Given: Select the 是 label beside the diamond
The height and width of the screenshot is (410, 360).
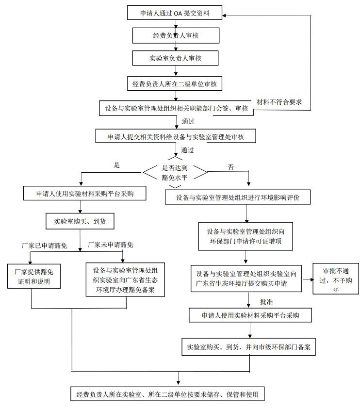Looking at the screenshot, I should pyautogui.click(x=116, y=165).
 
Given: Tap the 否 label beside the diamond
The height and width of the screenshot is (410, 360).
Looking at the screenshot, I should pyautogui.click(x=230, y=167).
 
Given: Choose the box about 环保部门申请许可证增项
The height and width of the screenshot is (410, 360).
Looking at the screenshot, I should pyautogui.click(x=245, y=236).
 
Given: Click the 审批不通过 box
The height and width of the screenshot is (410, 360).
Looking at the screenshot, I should pyautogui.click(x=332, y=279).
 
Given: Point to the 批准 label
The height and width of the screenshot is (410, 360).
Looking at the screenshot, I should pyautogui.click(x=267, y=301).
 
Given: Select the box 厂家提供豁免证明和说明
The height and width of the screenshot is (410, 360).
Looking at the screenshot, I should pyautogui.click(x=34, y=277).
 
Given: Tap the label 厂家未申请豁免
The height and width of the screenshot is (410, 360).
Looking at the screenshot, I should pyautogui.click(x=110, y=245).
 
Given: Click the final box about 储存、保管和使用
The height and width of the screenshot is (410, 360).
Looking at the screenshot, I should pyautogui.click(x=167, y=394).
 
